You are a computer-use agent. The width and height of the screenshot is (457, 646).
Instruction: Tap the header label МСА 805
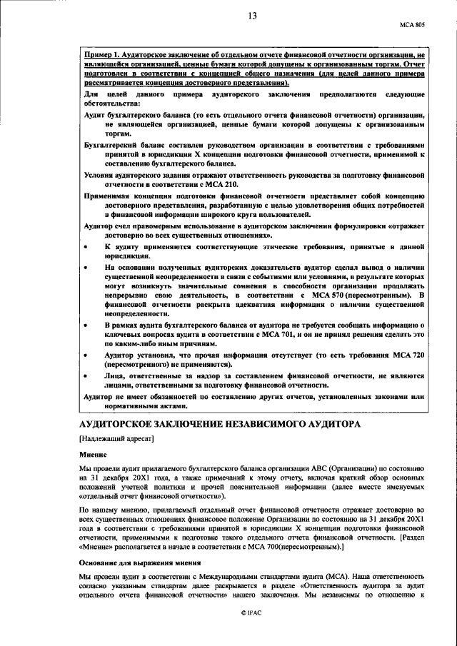(412, 25)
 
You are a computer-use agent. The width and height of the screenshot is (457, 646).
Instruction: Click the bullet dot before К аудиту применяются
(86, 247)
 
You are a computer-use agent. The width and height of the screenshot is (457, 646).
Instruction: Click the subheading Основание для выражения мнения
(134, 564)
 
